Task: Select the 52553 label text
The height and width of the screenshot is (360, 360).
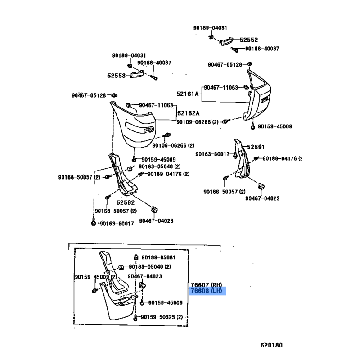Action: [117, 76]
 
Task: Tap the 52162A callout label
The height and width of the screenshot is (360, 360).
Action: [188, 113]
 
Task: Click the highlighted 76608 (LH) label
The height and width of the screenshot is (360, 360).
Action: [207, 291]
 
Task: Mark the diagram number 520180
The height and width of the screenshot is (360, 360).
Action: [272, 346]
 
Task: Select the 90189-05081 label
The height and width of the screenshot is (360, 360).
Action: [158, 257]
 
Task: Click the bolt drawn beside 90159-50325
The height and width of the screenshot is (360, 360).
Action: [137, 318]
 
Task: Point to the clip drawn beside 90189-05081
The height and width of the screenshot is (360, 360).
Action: [137, 257]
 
